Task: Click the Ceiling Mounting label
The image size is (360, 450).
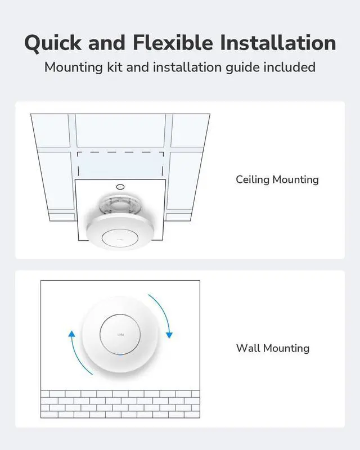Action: pyautogui.click(x=277, y=179)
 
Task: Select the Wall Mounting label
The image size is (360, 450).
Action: pyautogui.click(x=272, y=348)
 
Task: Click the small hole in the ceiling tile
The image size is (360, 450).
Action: pyautogui.click(x=120, y=187)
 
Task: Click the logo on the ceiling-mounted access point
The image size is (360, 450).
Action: pyautogui.click(x=120, y=238)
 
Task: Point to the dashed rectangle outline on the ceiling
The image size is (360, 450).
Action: pyautogui.click(x=120, y=152)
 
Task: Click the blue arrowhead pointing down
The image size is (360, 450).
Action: pyautogui.click(x=169, y=335)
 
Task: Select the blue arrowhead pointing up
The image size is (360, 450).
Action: pyautogui.click(x=72, y=334)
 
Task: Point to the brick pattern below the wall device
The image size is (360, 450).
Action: pyautogui.click(x=120, y=403)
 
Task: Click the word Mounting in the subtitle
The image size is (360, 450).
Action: pyautogui.click(x=71, y=67)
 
